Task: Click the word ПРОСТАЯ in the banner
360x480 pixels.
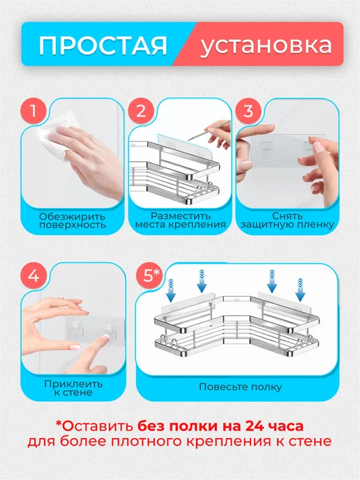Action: [103, 45]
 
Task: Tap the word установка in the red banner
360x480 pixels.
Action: [266, 46]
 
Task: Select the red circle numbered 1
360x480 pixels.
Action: [33, 110]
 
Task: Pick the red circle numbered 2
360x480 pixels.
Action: [141, 111]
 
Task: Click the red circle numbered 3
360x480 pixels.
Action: [248, 111]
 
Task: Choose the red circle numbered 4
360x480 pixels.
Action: [33, 276]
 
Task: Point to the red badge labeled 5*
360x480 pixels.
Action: [149, 276]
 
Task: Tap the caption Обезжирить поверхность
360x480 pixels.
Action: [73, 220]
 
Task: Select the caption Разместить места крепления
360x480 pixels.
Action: [181, 220]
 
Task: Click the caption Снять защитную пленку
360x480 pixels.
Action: [287, 220]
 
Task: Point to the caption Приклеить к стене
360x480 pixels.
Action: [73, 388]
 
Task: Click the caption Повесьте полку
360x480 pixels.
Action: [240, 387]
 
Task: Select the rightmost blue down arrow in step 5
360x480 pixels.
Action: [300, 290]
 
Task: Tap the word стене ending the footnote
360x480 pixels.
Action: [311, 442]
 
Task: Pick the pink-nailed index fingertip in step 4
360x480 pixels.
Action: [105, 338]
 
